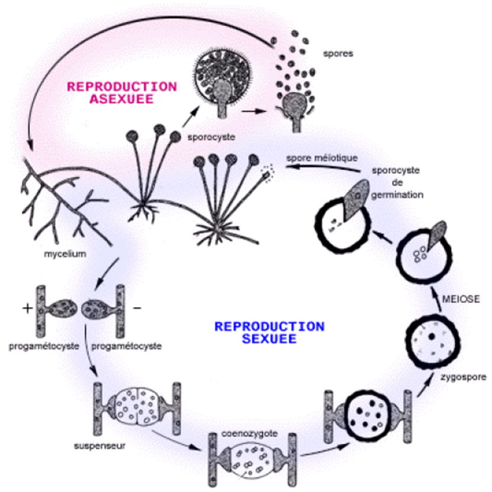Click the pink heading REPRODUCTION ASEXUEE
coord(122,92)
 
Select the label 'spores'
coord(339,54)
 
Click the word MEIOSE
coord(460,299)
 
